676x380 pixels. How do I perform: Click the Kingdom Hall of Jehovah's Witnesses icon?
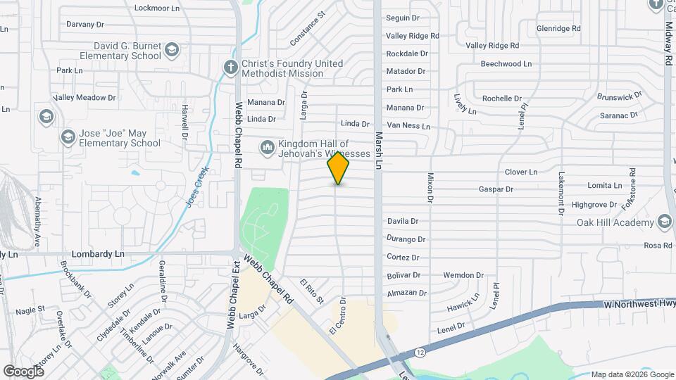click(x=267, y=147)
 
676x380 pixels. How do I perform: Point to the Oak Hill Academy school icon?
click(x=664, y=222)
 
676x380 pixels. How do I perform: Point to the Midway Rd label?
click(x=667, y=44)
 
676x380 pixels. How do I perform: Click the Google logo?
click(x=24, y=371)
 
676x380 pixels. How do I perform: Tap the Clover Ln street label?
click(x=521, y=172)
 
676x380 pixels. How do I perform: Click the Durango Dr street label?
click(x=407, y=239)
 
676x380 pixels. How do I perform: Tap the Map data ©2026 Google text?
click(x=630, y=374)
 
